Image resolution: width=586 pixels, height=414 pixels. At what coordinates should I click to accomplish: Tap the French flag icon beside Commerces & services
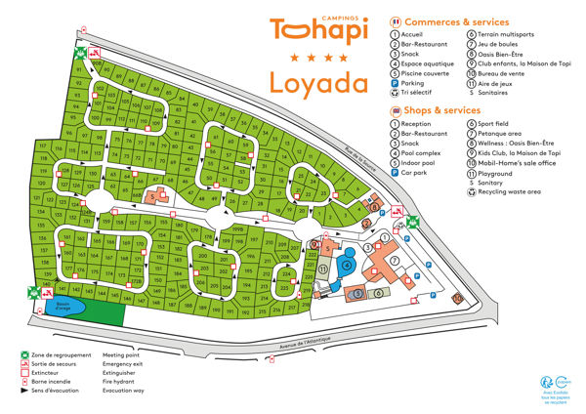[395, 20]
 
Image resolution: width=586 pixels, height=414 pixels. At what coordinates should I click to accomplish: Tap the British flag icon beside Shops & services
[395, 110]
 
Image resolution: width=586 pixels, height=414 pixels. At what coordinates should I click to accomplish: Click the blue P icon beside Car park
[395, 173]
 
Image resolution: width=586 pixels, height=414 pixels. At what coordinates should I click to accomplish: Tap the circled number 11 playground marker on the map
[322, 268]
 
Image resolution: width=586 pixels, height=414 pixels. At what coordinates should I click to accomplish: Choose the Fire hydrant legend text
[122, 380]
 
